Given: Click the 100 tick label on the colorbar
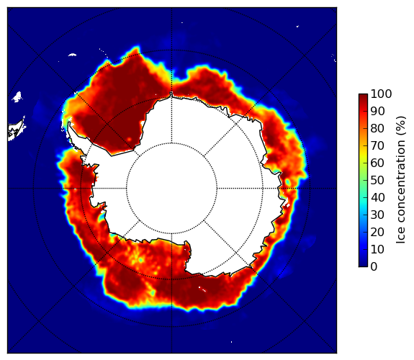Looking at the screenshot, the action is pos(382,94).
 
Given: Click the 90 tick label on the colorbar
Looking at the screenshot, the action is pos(377,111).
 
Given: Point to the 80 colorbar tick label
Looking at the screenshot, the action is pos(377,128).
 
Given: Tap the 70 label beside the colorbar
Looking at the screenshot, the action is pos(377,145).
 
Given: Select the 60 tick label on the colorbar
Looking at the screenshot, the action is pos(377,163).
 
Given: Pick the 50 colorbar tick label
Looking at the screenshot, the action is pos(377,180).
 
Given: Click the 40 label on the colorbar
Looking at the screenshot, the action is pos(377,197).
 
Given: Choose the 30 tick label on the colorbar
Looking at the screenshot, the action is pos(377,215).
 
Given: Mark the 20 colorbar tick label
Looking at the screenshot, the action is pos(377,232).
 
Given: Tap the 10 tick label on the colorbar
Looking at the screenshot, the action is pos(377,249).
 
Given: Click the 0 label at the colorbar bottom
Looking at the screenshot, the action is pos(374,266).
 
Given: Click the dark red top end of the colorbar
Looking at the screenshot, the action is pos(363,95).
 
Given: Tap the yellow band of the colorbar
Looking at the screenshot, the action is pos(363,156).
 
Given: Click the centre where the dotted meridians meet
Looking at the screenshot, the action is pos(171,188).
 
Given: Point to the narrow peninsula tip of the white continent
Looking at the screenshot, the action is pos(69,123).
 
